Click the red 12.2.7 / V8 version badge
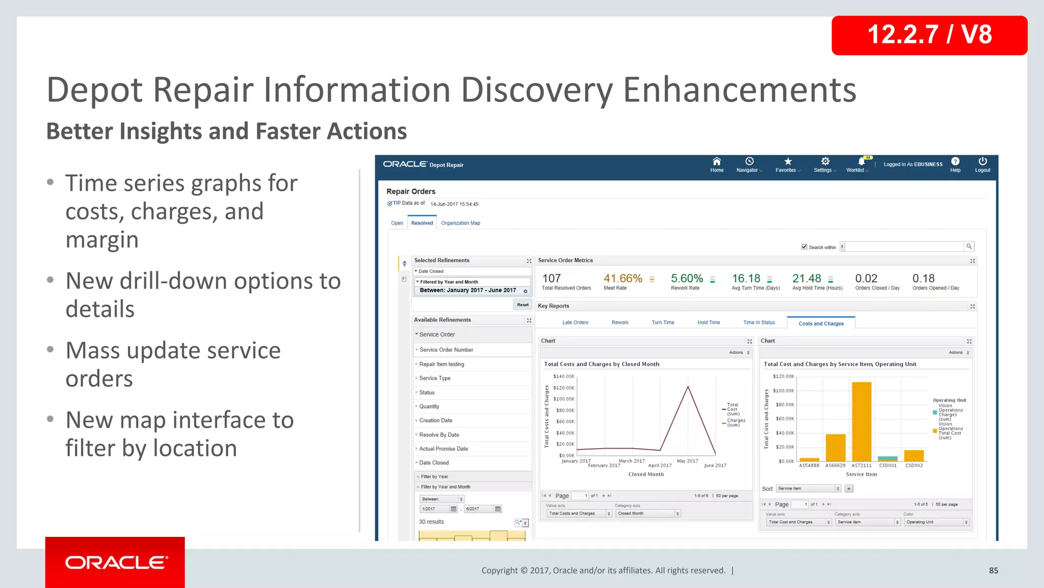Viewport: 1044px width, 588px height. pyautogui.click(x=929, y=35)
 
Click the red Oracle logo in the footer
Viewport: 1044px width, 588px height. pyautogui.click(x=115, y=562)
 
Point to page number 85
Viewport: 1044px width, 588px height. pyautogui.click(x=993, y=570)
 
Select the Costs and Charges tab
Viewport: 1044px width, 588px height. pyautogui.click(x=821, y=323)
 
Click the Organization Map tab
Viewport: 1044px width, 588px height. pyautogui.click(x=460, y=223)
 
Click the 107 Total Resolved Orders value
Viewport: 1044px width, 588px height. pyautogui.click(x=551, y=279)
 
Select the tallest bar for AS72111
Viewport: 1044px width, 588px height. pyautogui.click(x=862, y=421)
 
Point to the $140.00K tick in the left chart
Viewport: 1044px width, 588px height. pyautogui.click(x=563, y=376)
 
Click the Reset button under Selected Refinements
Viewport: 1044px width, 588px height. pyautogui.click(x=523, y=305)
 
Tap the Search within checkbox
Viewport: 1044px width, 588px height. pyautogui.click(x=804, y=247)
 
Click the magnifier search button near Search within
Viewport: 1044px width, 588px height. pyautogui.click(x=969, y=247)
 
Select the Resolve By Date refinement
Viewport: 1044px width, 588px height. pyautogui.click(x=439, y=435)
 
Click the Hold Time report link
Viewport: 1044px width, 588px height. pyautogui.click(x=708, y=323)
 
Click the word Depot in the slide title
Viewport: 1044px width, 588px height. pyautogui.click(x=94, y=90)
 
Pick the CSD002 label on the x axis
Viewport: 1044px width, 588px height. pyautogui.click(x=913, y=465)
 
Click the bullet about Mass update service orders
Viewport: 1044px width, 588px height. pyautogui.click(x=173, y=364)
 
